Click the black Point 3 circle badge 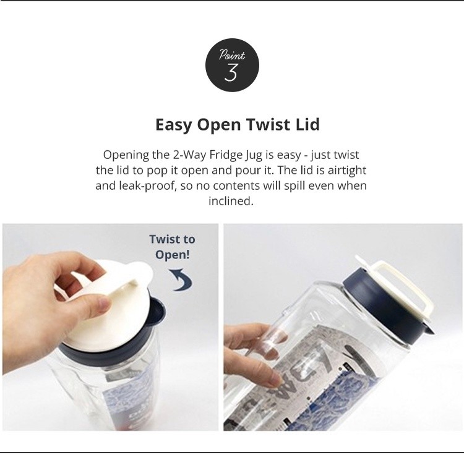click(x=232, y=65)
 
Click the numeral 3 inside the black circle click(x=231, y=73)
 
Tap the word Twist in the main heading click(x=269, y=124)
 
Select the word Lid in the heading click(x=307, y=124)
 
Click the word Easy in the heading click(x=174, y=125)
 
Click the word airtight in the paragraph click(x=347, y=170)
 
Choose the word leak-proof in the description click(x=147, y=185)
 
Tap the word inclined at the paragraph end click(x=231, y=201)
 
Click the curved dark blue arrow click(x=181, y=279)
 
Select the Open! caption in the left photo click(x=173, y=255)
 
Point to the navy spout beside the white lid click(x=157, y=313)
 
